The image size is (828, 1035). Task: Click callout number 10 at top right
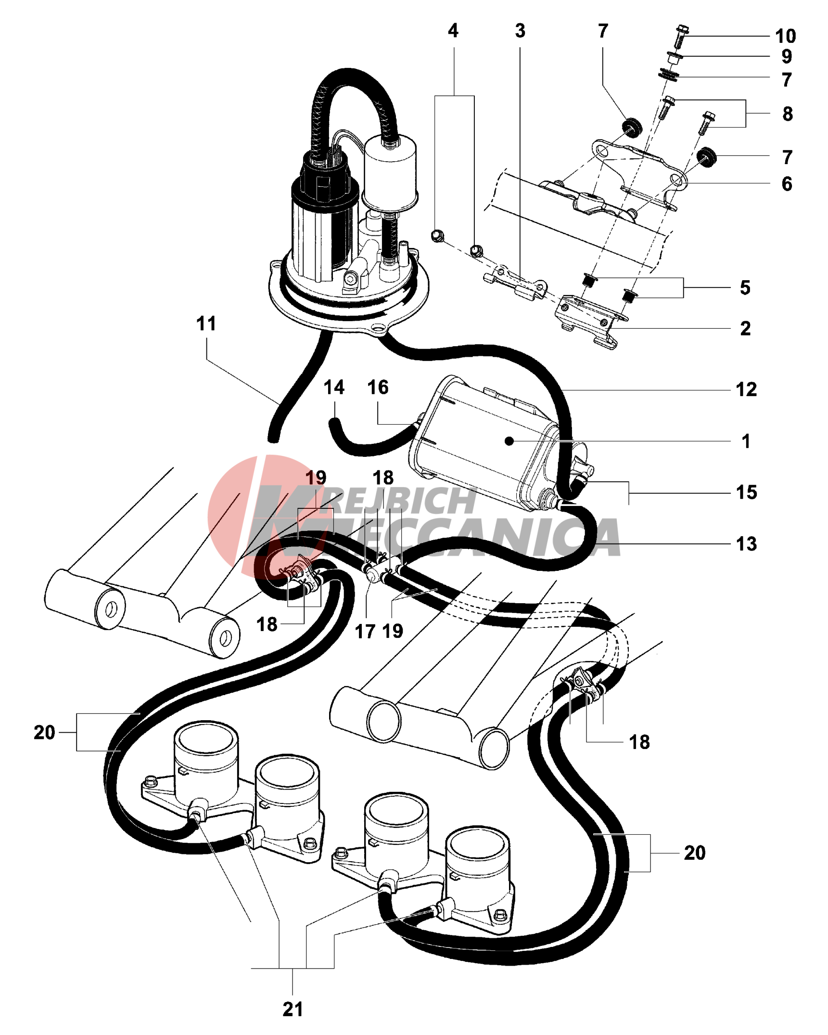[x=785, y=36]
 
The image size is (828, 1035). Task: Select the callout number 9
[x=786, y=56]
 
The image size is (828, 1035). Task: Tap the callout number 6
[x=786, y=183]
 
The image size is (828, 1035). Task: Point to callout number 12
[x=746, y=389]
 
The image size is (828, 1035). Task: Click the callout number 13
[x=746, y=543]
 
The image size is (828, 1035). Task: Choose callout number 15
[x=746, y=492]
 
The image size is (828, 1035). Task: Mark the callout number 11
[x=206, y=323]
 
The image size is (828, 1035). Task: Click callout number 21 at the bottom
[x=293, y=1009]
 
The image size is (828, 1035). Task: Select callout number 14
[x=334, y=387]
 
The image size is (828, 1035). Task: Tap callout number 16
[x=378, y=387]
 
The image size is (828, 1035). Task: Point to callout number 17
[x=365, y=631]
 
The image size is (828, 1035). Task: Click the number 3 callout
[x=520, y=31]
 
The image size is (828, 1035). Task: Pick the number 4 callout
[x=453, y=31]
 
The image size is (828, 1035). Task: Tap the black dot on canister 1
[x=509, y=440]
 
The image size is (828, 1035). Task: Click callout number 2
[x=745, y=328]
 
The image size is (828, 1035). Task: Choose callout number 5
[x=745, y=287]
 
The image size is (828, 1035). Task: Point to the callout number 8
[x=787, y=114]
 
